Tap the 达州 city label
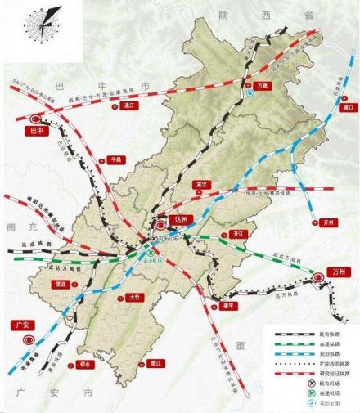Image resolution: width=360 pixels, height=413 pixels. point(182,221)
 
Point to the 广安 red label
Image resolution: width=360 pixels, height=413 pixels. point(23,325)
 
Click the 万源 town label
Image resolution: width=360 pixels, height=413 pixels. point(263,84)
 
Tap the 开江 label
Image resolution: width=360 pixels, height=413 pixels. point(241,233)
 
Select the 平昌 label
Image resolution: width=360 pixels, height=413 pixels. point(104,161)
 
